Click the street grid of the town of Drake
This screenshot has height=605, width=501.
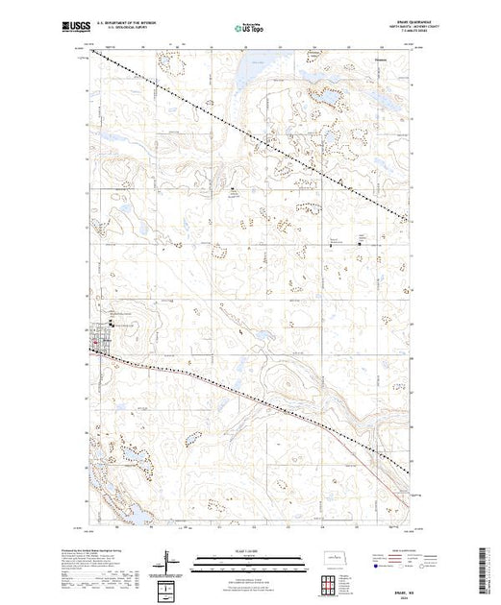point(99,339)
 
